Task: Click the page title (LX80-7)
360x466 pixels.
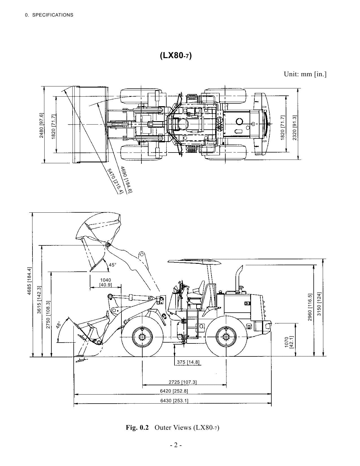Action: pyautogui.click(x=176, y=55)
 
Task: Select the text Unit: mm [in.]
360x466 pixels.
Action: pyautogui.click(x=305, y=74)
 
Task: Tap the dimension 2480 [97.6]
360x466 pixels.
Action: pyautogui.click(x=41, y=125)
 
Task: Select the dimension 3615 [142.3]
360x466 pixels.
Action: pyautogui.click(x=39, y=300)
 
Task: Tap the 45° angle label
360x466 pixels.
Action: pyautogui.click(x=112, y=265)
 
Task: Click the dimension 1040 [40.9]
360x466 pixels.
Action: pyautogui.click(x=106, y=282)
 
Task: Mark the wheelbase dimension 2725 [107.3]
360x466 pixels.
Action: pyautogui.click(x=182, y=382)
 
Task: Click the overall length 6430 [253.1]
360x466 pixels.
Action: pyautogui.click(x=174, y=400)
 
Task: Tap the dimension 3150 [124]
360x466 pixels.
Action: pyautogui.click(x=319, y=304)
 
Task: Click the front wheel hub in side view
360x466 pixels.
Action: pyautogui.click(x=142, y=337)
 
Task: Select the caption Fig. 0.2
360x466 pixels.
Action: pyautogui.click(x=137, y=427)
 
